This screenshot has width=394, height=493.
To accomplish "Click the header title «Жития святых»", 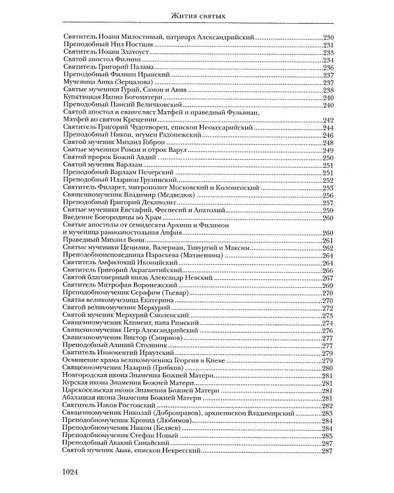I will click(x=196, y=14).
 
